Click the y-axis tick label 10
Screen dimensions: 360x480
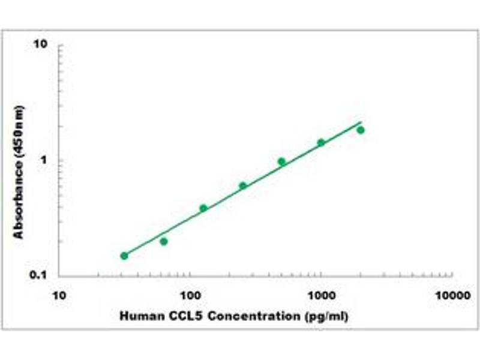point(41,45)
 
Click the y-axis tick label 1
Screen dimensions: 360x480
point(44,160)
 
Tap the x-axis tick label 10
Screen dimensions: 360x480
point(59,296)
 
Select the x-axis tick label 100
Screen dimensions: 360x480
point(190,296)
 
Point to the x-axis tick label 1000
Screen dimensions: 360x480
point(321,296)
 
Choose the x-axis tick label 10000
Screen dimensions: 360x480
point(452,296)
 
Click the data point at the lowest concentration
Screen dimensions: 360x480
point(124,256)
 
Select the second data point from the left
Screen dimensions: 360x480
point(164,241)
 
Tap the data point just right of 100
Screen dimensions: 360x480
point(203,208)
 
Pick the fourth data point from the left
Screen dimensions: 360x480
point(243,185)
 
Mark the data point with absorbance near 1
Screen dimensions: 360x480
point(281,161)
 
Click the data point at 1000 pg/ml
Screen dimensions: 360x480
point(321,142)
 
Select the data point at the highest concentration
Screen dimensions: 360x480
point(361,130)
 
